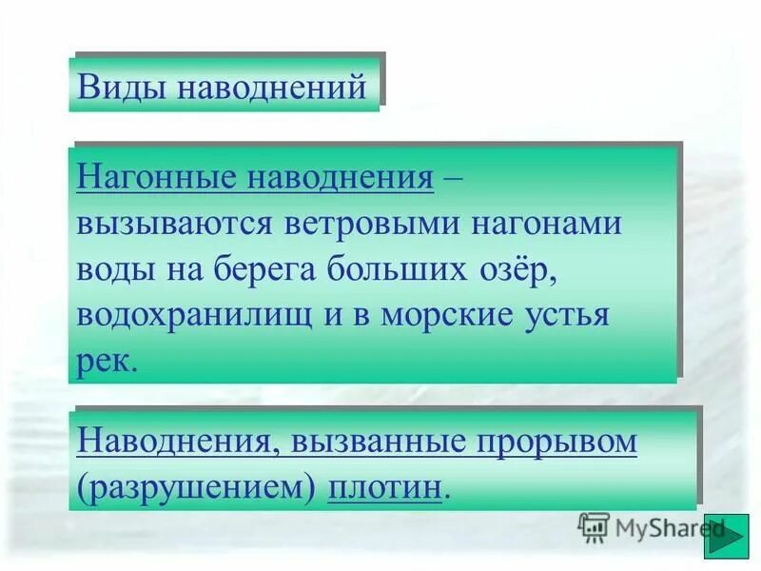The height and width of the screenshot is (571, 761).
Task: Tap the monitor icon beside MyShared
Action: pos(594,526)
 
